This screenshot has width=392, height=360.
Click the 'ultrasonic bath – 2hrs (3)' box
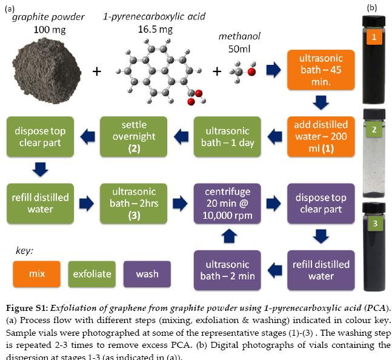(x=134, y=203)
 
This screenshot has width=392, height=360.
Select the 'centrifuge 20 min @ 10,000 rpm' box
(x=227, y=203)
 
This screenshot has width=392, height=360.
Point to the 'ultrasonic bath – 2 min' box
(x=227, y=270)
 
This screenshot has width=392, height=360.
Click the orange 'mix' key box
(x=36, y=273)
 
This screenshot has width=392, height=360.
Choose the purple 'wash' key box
(x=146, y=273)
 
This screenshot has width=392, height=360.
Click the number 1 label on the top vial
(x=374, y=38)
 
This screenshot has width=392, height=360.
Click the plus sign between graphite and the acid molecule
(x=96, y=72)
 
